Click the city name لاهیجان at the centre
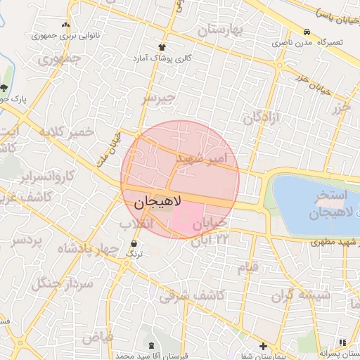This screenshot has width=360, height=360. click(x=156, y=202)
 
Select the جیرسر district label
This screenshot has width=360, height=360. click(x=157, y=98)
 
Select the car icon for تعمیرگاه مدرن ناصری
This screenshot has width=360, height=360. click(x=307, y=32)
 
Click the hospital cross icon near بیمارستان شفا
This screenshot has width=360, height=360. click(x=263, y=346)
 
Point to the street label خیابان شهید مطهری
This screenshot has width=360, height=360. click(x=336, y=243)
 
